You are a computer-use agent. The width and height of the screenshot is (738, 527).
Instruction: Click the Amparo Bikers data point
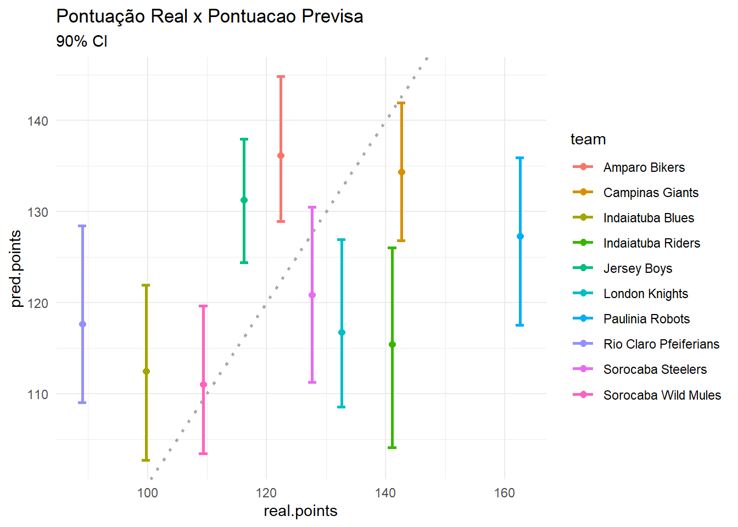click(x=281, y=156)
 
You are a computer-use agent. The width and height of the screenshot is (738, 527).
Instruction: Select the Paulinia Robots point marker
click(x=520, y=237)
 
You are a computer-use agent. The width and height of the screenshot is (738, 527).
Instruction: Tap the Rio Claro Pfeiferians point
click(x=82, y=324)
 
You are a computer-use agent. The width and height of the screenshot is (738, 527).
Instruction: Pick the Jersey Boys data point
click(x=244, y=200)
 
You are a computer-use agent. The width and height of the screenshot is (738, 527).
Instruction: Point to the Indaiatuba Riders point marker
click(x=392, y=345)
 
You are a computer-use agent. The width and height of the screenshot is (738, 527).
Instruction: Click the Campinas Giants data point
click(x=401, y=172)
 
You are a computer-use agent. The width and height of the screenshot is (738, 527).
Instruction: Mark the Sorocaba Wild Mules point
click(x=203, y=385)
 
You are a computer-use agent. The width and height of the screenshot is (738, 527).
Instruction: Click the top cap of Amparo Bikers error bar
click(x=281, y=77)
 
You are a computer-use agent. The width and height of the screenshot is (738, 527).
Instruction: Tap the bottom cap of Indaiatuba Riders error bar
click(x=392, y=447)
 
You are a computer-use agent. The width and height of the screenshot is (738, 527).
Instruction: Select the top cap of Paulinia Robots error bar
click(x=520, y=158)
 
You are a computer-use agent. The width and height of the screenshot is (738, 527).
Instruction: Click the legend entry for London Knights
click(x=645, y=294)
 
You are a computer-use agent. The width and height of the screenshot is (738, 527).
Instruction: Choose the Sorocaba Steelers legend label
click(x=655, y=369)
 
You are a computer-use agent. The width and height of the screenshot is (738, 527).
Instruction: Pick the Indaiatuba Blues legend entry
click(x=648, y=218)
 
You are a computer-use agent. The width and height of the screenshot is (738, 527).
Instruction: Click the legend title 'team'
click(x=588, y=139)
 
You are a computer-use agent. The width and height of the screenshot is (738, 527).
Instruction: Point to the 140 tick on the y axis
click(x=38, y=121)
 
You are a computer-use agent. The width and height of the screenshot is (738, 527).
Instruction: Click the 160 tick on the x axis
click(x=504, y=492)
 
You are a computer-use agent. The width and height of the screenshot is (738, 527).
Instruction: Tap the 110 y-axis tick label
click(x=38, y=394)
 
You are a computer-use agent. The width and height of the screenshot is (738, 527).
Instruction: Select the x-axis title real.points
click(x=300, y=511)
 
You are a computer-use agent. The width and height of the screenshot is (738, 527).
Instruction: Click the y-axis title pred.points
click(x=16, y=268)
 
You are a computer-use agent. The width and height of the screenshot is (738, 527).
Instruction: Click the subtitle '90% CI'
click(x=82, y=42)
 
